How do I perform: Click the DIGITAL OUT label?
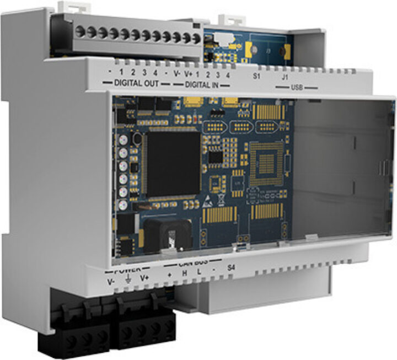click(136, 83)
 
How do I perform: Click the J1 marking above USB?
click(285, 77)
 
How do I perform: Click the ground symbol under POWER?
click(127, 280)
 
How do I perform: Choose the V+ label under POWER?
click(144, 278)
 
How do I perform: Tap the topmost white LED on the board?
click(122, 141)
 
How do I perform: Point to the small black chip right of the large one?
click(216, 158)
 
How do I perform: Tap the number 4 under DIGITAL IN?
click(228, 74)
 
